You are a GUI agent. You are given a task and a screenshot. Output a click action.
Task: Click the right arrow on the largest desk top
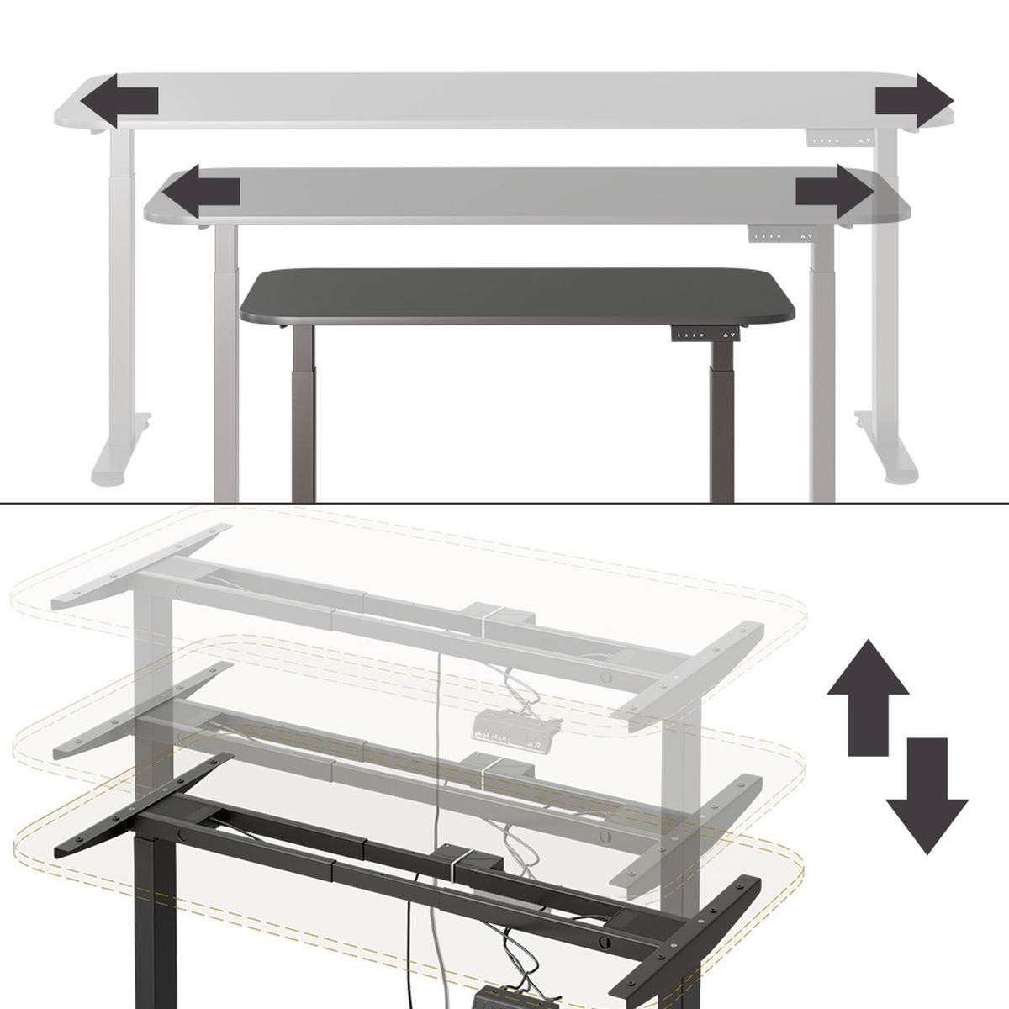[x=915, y=100]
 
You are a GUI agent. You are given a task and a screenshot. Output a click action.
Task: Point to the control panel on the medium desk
[x=782, y=236]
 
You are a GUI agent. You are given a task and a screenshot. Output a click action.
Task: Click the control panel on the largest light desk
[x=842, y=140]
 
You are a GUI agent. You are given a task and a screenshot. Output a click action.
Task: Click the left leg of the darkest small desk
[x=303, y=412]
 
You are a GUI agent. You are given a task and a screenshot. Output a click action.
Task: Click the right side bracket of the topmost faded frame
[x=689, y=673]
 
